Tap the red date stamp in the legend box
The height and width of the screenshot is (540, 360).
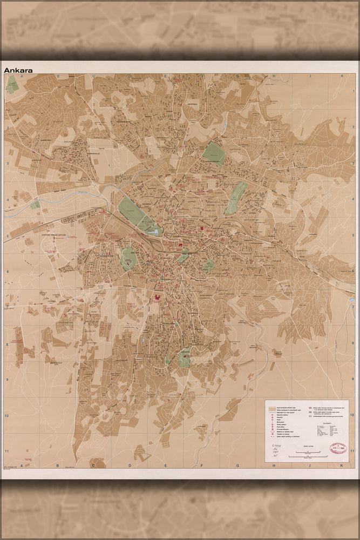point(338,449)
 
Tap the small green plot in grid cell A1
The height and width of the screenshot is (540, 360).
point(12,84)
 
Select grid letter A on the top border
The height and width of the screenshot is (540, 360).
point(22,76)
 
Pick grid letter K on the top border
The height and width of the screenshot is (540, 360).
point(341,76)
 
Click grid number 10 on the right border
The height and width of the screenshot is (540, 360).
point(351,415)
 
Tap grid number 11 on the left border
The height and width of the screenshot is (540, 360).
point(7,451)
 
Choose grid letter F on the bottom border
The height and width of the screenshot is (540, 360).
point(201,464)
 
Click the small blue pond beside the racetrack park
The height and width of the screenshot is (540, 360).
point(157,232)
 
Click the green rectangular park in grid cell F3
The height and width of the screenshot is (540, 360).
point(214,155)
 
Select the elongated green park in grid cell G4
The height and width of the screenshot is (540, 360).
point(235,197)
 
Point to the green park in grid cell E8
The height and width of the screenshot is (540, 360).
point(184,357)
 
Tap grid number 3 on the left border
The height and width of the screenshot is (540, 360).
point(7,164)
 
